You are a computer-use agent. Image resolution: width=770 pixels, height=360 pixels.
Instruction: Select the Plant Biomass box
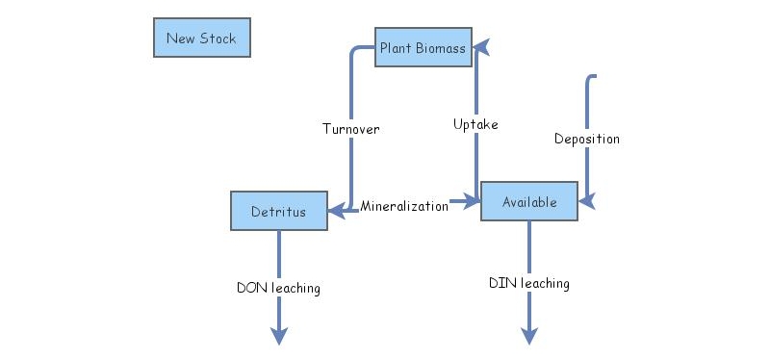[423, 47]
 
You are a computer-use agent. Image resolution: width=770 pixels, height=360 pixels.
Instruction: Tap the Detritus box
[279, 211]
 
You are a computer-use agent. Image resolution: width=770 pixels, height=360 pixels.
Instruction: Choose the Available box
[529, 201]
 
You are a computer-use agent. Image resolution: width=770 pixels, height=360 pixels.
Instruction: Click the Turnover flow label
[350, 129]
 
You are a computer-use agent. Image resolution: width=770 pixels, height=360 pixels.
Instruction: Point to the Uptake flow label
[475, 124]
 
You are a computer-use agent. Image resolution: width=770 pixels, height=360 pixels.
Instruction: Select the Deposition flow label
[587, 139]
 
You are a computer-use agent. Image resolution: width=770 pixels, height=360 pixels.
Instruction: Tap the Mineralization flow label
[404, 205]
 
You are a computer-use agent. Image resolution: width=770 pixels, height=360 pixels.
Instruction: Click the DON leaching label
[278, 287]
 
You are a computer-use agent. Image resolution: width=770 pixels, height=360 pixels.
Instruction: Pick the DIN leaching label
[529, 283]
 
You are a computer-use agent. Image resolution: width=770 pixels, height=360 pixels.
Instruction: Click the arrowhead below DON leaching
[278, 335]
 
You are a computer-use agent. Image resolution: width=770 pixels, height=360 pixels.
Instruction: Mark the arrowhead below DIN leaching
[529, 335]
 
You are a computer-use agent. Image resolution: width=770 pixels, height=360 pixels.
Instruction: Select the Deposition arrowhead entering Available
[586, 201]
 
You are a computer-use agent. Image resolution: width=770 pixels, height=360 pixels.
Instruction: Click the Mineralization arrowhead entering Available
[472, 201]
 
